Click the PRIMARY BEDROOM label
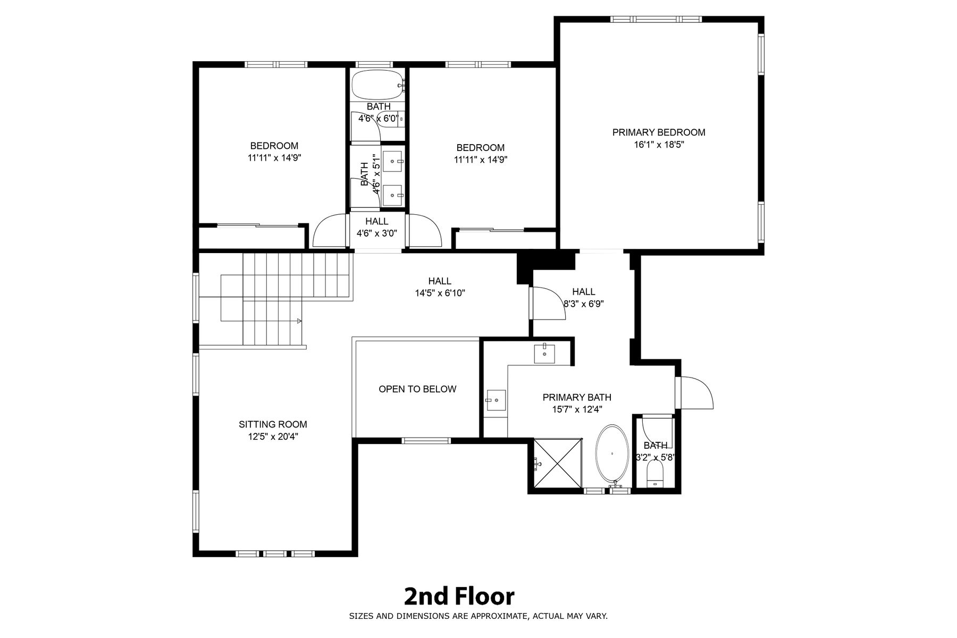click(x=659, y=132)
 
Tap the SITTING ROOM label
click(x=273, y=424)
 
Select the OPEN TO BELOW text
click(x=417, y=389)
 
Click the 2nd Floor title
click(x=459, y=597)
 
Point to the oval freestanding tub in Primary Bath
click(x=612, y=455)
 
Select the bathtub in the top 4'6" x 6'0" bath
click(x=378, y=85)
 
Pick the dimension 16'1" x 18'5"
click(x=659, y=145)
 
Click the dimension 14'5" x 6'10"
click(x=440, y=293)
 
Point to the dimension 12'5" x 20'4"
click(x=273, y=436)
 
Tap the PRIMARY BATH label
click(x=577, y=397)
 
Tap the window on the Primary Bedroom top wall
click(x=656, y=19)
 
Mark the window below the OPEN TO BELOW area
click(x=426, y=440)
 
